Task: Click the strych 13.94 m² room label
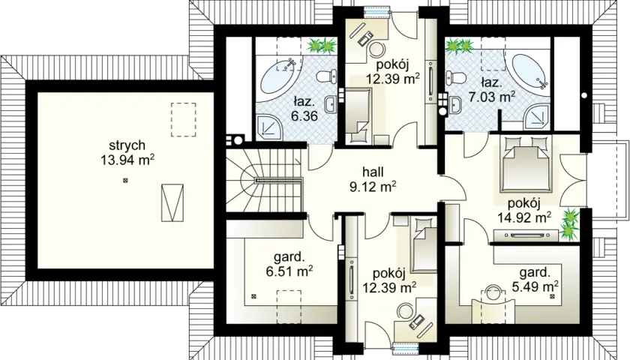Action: [x=127, y=153]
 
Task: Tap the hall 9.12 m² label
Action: [x=373, y=179]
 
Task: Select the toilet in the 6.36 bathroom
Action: [x=327, y=76]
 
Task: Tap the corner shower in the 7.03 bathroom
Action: [x=537, y=115]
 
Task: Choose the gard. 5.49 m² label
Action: [x=535, y=280]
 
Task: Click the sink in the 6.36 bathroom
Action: [x=331, y=105]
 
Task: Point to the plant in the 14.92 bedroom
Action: [x=570, y=222]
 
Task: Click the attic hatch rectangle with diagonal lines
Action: [x=172, y=202]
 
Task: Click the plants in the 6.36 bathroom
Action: [x=322, y=46]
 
